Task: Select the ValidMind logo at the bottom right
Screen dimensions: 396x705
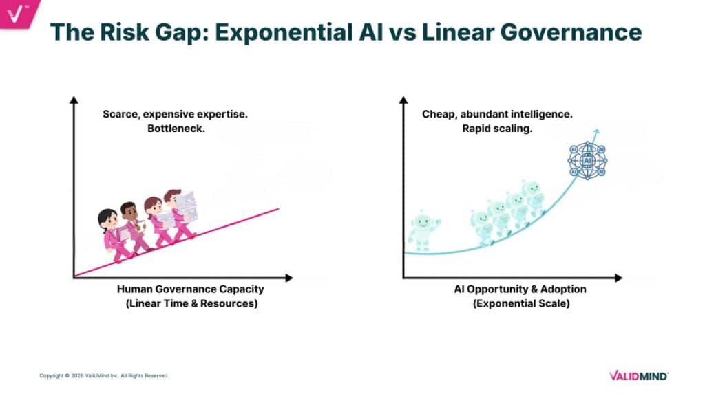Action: click(x=638, y=375)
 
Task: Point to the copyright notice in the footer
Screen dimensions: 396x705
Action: click(x=103, y=375)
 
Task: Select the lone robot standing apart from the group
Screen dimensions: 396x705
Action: click(x=422, y=230)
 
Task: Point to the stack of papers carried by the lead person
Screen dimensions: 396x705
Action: click(x=184, y=204)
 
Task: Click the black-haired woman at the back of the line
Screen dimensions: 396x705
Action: click(x=113, y=234)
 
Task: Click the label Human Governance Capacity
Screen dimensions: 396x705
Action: click(x=191, y=289)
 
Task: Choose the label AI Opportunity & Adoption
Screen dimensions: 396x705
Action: click(x=520, y=289)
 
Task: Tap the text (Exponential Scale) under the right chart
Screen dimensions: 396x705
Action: click(x=521, y=303)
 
